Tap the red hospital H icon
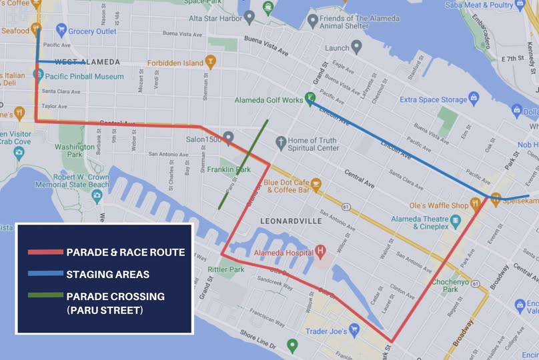(x=320, y=253)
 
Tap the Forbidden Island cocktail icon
(x=210, y=63)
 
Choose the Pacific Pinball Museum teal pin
(x=38, y=75)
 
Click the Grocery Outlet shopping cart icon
(x=61, y=30)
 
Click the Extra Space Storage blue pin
(x=474, y=99)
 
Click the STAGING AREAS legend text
(x=107, y=274)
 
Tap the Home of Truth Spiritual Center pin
(x=280, y=141)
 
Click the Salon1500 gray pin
(x=228, y=137)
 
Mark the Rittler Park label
(x=226, y=270)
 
